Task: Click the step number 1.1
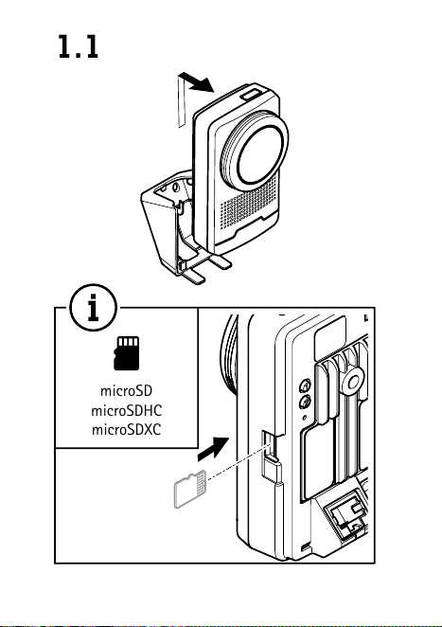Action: (79, 46)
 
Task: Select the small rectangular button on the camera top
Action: (252, 95)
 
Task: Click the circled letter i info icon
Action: (94, 308)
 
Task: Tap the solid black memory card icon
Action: (127, 353)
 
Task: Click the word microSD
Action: (126, 390)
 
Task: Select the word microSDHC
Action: (126, 410)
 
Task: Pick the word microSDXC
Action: (126, 429)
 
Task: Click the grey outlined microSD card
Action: (190, 490)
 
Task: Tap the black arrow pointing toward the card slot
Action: (213, 449)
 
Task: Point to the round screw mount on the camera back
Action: (353, 383)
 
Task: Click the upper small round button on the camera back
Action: (306, 385)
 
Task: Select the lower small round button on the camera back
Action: (306, 402)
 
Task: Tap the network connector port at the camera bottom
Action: (346, 516)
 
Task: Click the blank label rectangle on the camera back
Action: (330, 338)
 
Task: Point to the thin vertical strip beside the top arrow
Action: (182, 100)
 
